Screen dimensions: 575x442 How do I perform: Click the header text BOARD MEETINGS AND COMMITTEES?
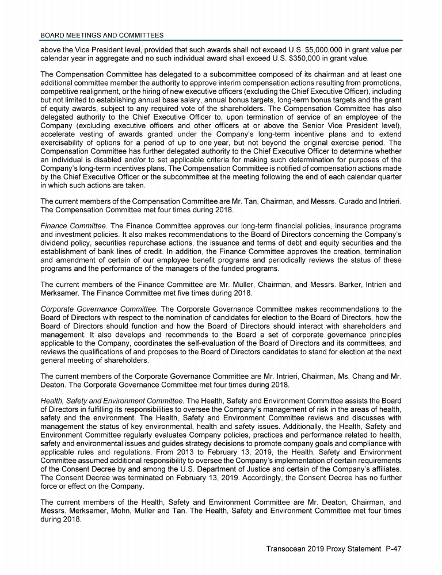(102, 36)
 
